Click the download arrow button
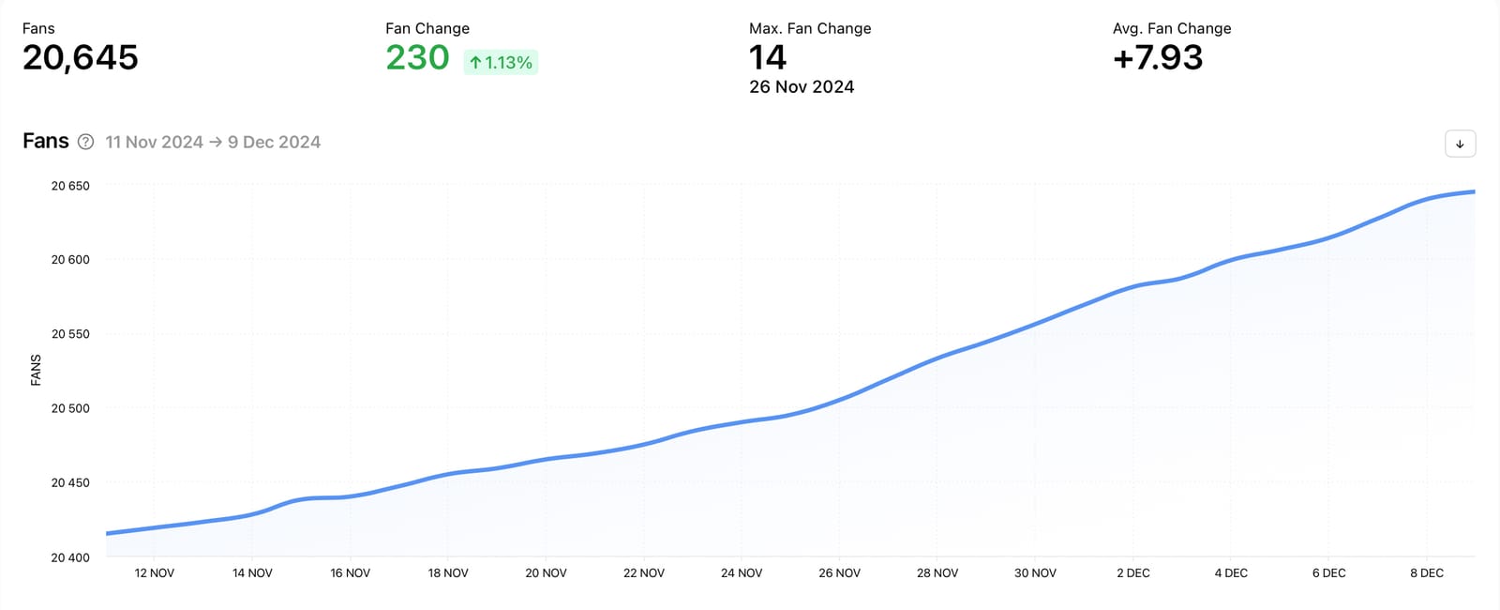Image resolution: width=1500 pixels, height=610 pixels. coord(1460,144)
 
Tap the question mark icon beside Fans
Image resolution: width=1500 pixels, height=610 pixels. coord(85,142)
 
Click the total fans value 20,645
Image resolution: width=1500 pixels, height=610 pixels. coord(81,58)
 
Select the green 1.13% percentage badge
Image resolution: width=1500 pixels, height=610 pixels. coord(501,63)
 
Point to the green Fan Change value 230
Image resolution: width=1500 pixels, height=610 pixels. coord(418,58)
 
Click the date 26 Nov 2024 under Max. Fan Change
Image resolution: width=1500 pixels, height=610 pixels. coord(802,87)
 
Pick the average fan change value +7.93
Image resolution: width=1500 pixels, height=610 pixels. coord(1158,58)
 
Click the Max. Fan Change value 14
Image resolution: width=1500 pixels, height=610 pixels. coord(768,58)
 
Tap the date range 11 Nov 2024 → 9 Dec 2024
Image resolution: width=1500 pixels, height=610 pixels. coord(213,143)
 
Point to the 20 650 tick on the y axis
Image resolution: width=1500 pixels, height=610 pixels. coord(70,186)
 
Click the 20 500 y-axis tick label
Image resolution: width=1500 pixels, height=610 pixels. coord(70,408)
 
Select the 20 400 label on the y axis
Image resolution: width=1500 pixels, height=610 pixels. coord(70,557)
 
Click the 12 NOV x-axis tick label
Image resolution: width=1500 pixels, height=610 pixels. coord(155,573)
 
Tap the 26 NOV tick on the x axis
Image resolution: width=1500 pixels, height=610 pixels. coord(839,573)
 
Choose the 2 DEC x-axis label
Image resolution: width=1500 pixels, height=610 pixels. coord(1132,573)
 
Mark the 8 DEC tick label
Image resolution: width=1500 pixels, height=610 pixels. coord(1427,573)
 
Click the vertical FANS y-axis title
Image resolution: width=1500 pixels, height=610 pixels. coord(36,370)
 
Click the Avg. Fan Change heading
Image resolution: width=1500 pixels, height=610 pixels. coord(1172,29)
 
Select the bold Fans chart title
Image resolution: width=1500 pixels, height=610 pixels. coord(46,141)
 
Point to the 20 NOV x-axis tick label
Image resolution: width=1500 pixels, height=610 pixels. coord(546,573)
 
